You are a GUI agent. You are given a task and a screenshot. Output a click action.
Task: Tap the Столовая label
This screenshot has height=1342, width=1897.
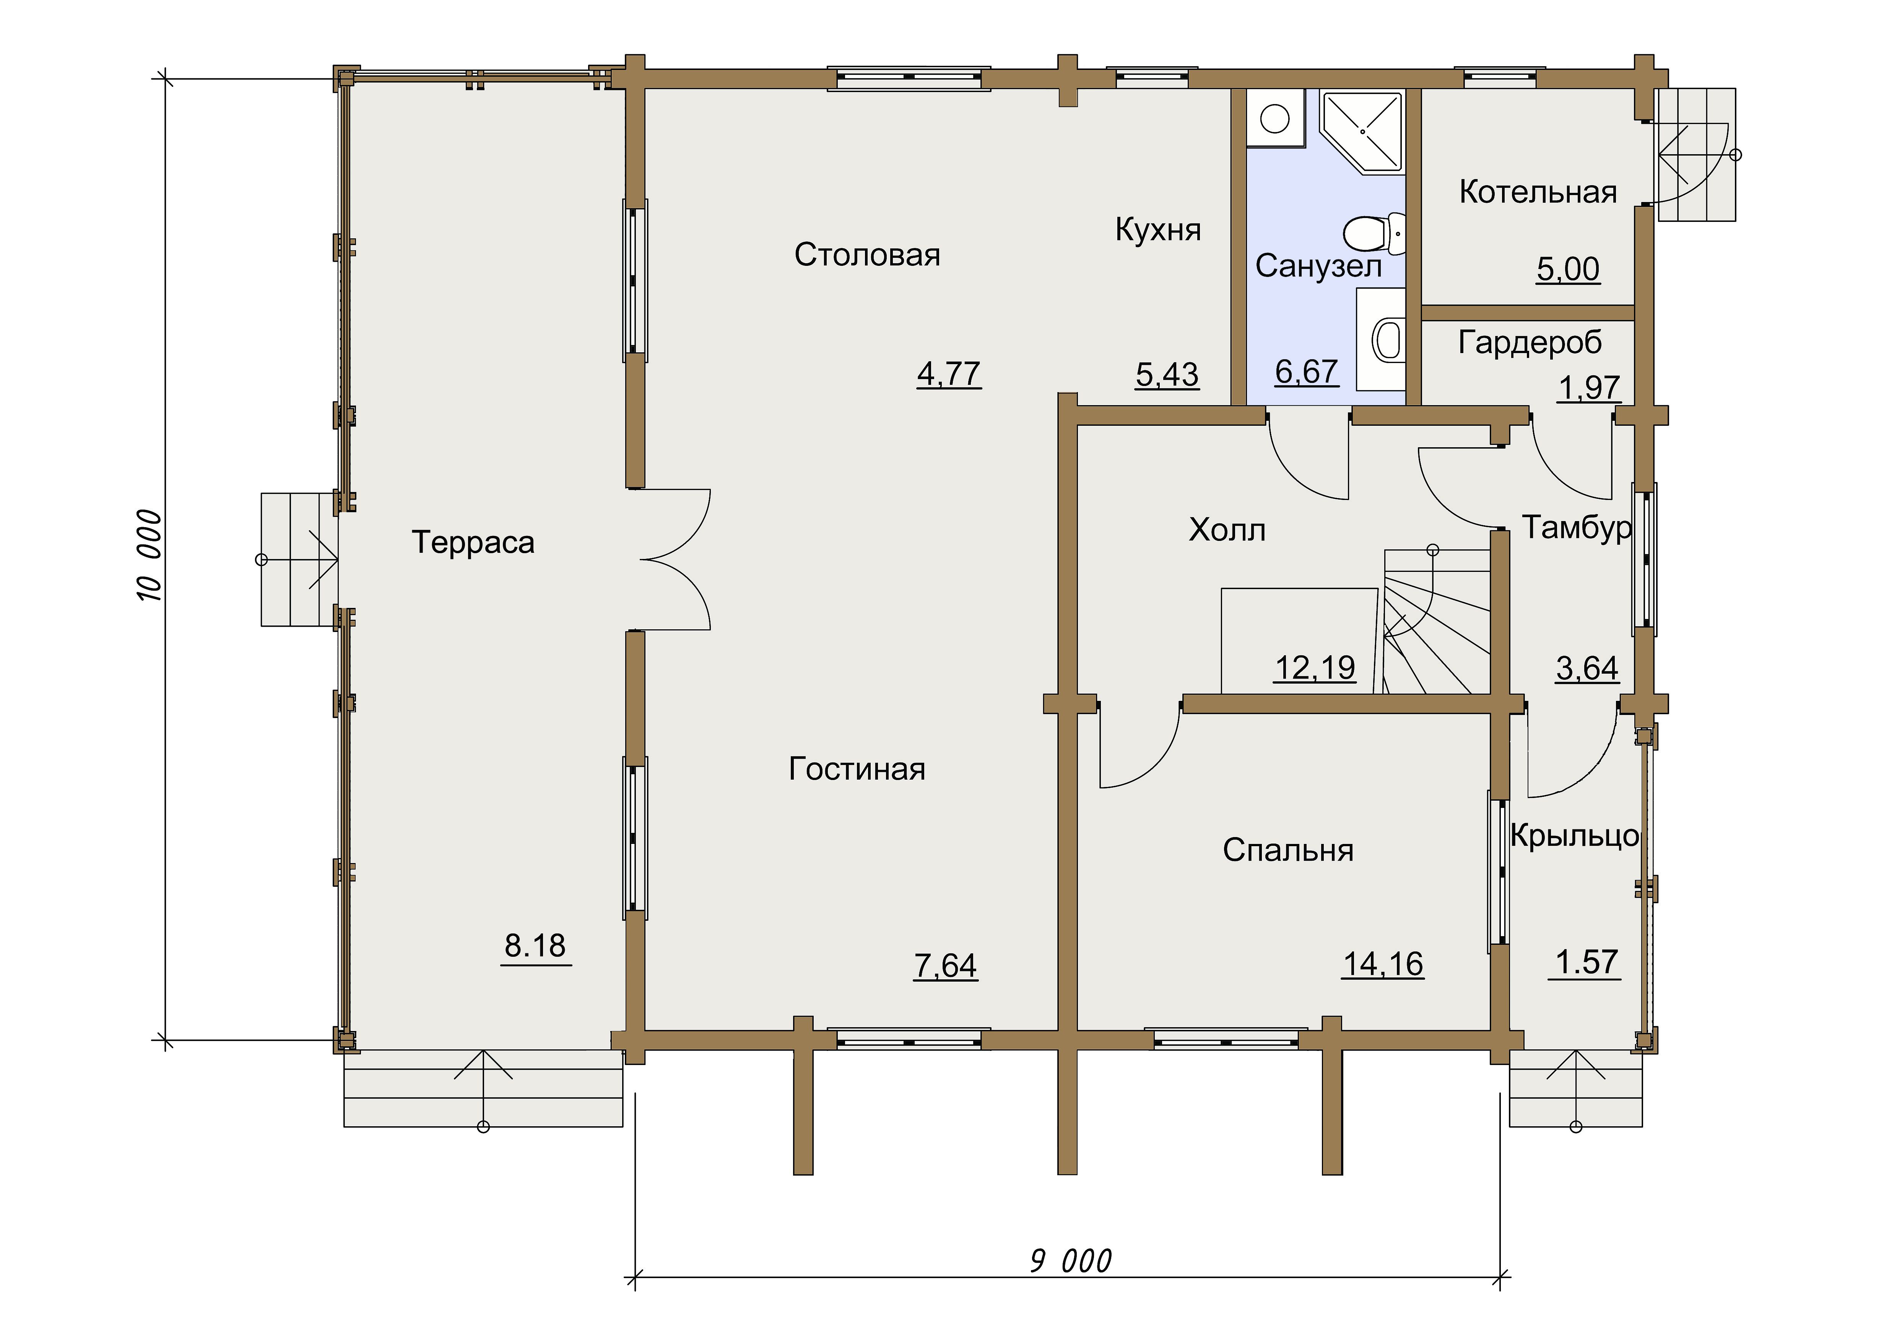[868, 254]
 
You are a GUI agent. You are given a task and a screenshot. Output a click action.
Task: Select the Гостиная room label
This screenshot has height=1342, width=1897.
[857, 769]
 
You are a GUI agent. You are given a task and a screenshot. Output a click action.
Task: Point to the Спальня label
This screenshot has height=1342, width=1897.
[1288, 850]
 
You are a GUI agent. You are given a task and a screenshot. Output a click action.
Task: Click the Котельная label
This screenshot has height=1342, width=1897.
[1538, 192]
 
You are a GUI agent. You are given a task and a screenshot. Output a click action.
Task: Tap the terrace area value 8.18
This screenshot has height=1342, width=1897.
[535, 945]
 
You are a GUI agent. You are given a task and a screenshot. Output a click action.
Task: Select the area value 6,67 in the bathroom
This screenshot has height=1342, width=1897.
[1306, 372]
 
